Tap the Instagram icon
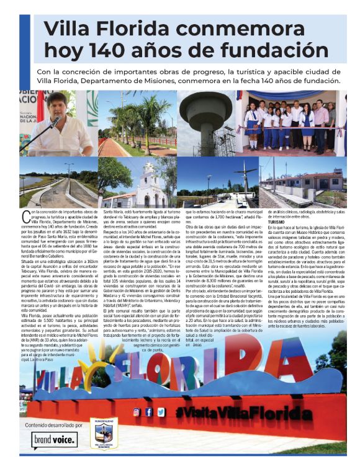click(x=136, y=412)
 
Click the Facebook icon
click(x=148, y=412)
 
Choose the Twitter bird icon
click(x=161, y=412)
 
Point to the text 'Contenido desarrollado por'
click(x=53, y=426)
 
